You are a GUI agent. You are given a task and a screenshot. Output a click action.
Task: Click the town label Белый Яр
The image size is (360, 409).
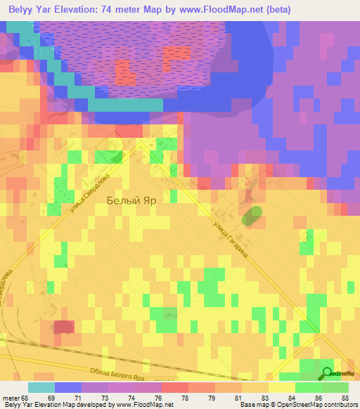[x=131, y=200]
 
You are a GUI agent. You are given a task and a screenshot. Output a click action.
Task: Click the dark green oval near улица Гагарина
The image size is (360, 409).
[x=250, y=216]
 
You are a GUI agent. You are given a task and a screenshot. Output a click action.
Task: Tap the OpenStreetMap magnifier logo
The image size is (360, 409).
[x=328, y=372]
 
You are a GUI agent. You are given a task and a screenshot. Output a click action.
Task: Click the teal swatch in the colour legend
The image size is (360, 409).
[x=41, y=387]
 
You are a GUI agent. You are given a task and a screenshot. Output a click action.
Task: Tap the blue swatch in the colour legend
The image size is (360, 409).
[x=68, y=387]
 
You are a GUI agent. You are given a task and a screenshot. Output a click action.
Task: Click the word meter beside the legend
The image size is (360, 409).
[x=10, y=398]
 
